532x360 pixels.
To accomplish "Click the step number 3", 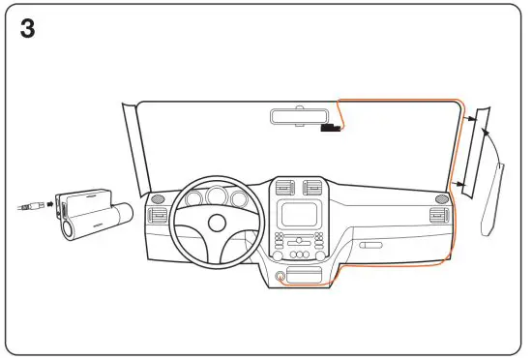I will coord(28,28).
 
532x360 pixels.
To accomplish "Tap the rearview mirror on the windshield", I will coord(296,116).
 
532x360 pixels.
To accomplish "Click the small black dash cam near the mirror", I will coord(331,127).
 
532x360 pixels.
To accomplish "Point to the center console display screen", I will coord(297,215).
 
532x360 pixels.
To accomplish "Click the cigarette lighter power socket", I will coord(281,277).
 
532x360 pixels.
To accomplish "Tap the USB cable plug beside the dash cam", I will coord(32,205).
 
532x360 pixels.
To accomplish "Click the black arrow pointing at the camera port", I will coord(51,205).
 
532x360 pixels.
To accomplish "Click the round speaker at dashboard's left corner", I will coord(158,200).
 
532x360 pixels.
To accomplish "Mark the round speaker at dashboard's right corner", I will coord(442,199).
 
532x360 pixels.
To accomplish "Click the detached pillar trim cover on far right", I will coord(494,199).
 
